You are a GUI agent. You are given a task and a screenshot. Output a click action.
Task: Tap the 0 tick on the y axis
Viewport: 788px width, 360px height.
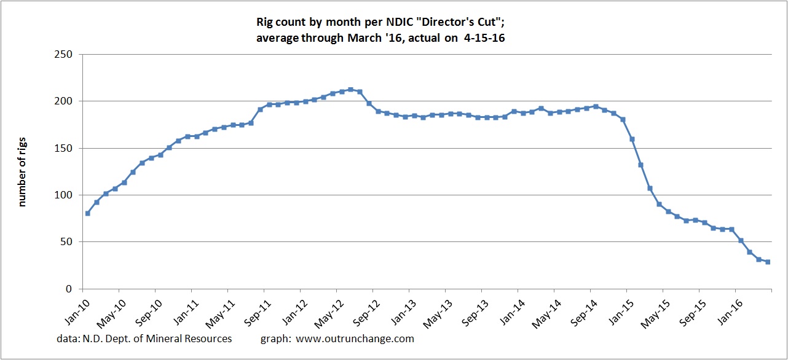coord(69,289)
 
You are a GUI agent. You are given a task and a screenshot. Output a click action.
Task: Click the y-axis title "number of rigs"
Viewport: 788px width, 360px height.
coord(23,172)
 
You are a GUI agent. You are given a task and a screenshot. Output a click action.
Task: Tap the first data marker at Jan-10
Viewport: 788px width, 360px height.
coord(87,213)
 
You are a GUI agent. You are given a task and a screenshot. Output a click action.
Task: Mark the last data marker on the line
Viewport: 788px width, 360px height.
coord(768,262)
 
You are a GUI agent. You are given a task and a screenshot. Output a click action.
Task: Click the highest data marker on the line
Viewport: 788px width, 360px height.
coord(350,90)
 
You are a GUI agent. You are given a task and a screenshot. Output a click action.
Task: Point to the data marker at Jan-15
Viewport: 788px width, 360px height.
coord(623,119)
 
